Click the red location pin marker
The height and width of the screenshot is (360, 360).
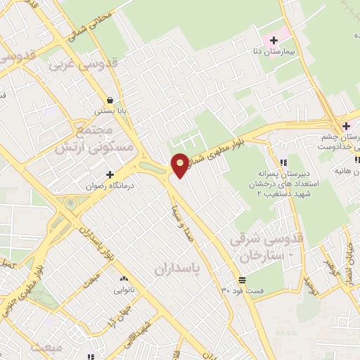tap(180, 165)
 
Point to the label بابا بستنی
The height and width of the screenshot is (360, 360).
tap(111, 111)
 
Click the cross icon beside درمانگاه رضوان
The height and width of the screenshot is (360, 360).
tap(109, 174)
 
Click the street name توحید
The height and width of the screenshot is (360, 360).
tap(309, 284)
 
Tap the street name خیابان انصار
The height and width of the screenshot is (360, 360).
tap(350, 259)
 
